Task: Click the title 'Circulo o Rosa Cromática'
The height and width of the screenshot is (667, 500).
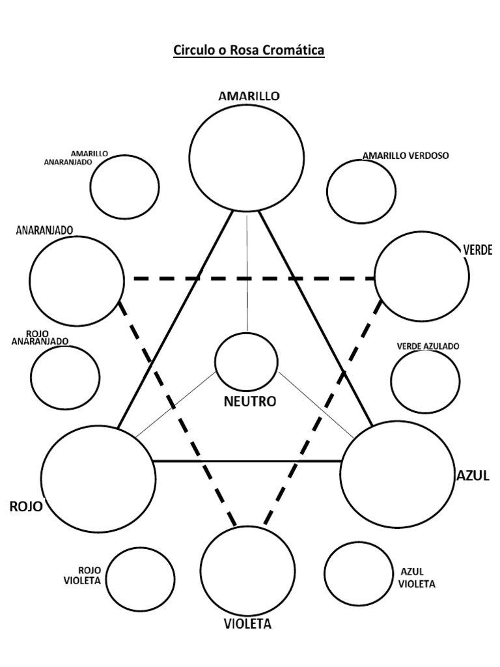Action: coord(248,51)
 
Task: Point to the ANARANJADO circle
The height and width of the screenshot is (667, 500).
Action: coord(77,281)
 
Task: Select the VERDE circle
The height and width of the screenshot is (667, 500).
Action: coord(422,276)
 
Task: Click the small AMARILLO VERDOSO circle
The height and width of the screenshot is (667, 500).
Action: coord(361,192)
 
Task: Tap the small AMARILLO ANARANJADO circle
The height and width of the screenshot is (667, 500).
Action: coord(124,188)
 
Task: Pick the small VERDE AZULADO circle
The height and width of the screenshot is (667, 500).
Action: coord(426,382)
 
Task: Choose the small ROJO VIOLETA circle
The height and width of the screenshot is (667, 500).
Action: coord(140,577)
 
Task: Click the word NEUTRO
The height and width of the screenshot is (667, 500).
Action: coord(249,402)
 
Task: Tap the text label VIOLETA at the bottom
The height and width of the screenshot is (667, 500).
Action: coord(247,625)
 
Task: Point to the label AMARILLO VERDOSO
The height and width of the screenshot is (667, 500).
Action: coord(406,156)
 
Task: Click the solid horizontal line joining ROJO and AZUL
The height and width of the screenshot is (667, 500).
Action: coord(247,461)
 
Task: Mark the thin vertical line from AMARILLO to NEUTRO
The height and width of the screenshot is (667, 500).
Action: coord(247,274)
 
